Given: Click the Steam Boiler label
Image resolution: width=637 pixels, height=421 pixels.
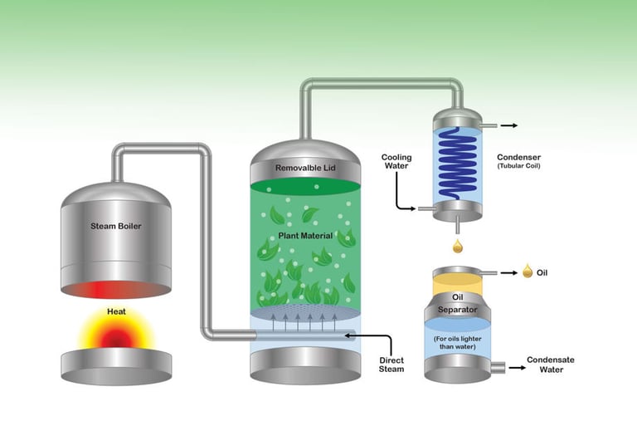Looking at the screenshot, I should [x=116, y=226].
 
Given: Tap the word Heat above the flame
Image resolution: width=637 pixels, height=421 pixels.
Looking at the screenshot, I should [x=116, y=312].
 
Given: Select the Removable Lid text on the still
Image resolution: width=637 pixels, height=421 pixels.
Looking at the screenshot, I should [x=306, y=168].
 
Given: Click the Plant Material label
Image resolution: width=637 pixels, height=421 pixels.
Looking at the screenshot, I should [x=305, y=236].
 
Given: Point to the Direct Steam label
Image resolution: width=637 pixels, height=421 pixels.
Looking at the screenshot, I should [x=391, y=364].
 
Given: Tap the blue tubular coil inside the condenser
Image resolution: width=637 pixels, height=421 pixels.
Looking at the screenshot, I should [x=456, y=162].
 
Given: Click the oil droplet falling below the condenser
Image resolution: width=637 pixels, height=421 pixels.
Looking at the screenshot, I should [x=456, y=246].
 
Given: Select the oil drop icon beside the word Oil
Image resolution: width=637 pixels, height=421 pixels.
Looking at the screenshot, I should [x=527, y=272].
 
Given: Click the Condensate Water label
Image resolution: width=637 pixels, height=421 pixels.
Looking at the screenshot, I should [x=551, y=365].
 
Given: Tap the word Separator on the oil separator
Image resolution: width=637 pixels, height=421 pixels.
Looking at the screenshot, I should [x=457, y=311].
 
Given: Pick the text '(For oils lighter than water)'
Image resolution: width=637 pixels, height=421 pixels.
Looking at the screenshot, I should [x=457, y=342].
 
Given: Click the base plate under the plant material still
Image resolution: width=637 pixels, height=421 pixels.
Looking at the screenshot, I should [x=306, y=366].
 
